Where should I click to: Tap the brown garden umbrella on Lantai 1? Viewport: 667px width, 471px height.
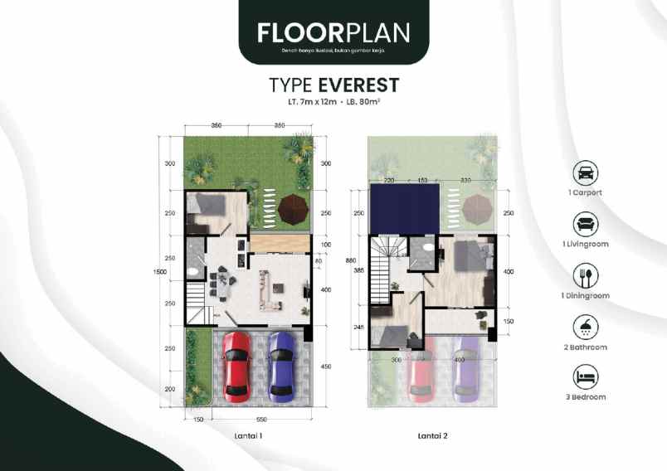coord(293,208)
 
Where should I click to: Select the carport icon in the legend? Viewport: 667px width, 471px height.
coord(587,173)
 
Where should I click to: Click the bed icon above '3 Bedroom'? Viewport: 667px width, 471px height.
coord(587,377)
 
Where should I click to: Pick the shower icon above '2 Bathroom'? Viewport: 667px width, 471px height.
coord(587,326)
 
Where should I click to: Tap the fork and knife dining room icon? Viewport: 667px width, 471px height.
coord(587,275)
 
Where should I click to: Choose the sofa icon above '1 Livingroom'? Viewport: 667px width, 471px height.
coord(587,224)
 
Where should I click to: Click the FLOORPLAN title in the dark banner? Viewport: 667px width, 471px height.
coord(333,32)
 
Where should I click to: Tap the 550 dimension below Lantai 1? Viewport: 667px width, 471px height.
coord(260,420)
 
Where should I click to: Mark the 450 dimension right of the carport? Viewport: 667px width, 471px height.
coord(326,367)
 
